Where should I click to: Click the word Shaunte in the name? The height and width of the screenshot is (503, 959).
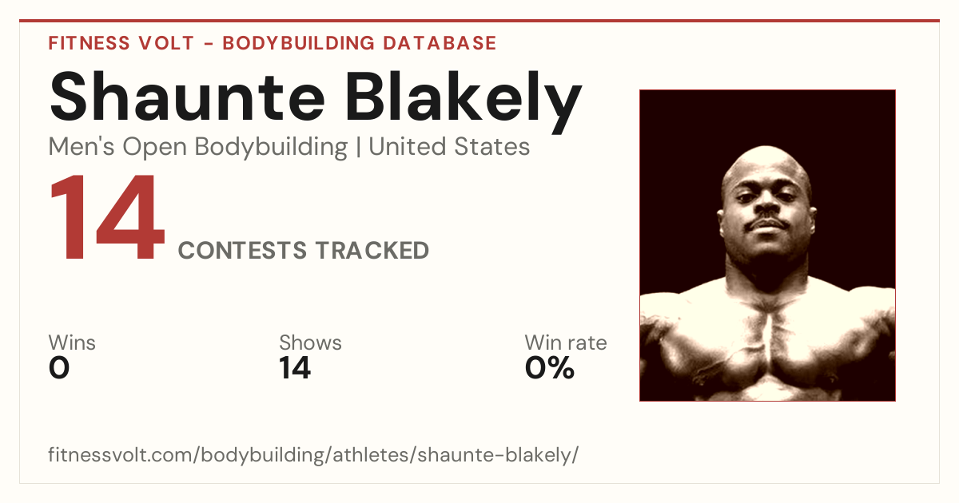[x=187, y=97]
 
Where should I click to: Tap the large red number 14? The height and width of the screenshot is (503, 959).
[x=107, y=217]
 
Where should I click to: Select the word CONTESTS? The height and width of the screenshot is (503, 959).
[x=242, y=250]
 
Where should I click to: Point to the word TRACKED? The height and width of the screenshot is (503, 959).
[x=372, y=250]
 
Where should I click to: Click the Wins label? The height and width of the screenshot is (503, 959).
[x=72, y=343]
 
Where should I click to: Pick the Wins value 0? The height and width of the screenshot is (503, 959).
[x=59, y=368]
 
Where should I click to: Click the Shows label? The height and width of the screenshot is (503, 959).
[x=310, y=343]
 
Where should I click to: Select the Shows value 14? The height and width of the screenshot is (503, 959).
[x=295, y=368]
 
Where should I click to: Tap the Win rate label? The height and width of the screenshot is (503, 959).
[x=566, y=343]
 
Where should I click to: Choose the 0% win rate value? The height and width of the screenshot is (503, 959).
[x=549, y=368]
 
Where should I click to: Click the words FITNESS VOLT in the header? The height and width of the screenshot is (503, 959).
[x=121, y=43]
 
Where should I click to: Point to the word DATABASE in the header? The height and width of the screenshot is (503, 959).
[x=440, y=43]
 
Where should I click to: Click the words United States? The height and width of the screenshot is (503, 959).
[x=449, y=147]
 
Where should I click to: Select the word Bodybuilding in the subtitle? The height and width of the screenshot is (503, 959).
[x=271, y=148]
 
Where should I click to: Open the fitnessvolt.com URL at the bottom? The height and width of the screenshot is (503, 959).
[x=313, y=454]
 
